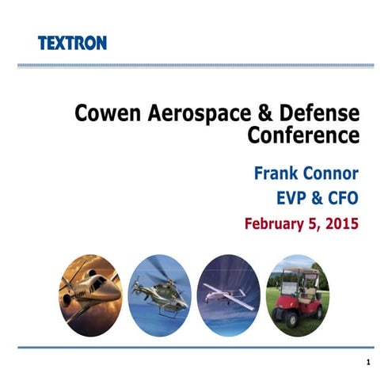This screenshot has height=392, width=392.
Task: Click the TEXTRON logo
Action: coord(72,43)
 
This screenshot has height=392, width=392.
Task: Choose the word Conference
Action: coord(303,135)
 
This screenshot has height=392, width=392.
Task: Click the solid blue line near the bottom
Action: coord(196,346)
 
